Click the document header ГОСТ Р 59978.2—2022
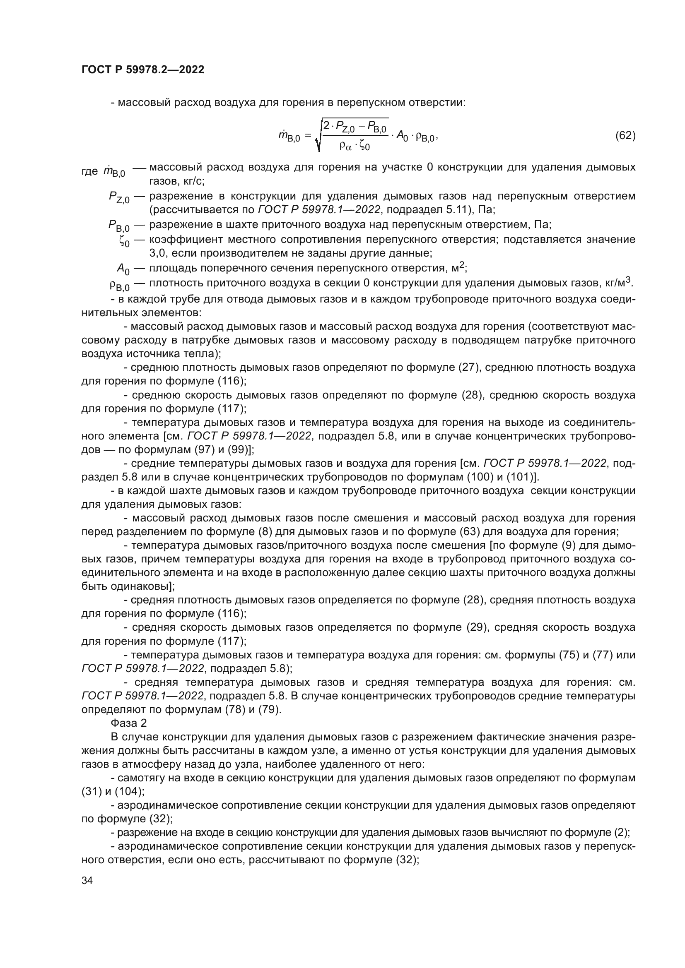pyautogui.click(x=142, y=70)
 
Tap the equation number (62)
pyautogui.click(x=625, y=136)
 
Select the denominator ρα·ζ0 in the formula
pyautogui.click(x=355, y=146)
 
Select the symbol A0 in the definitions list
pyautogui.click(x=123, y=269)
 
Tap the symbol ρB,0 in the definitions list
pyautogui.click(x=119, y=286)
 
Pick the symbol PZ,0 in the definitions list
pyautogui.click(x=119, y=197)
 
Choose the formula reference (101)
pyautogui.click(x=521, y=477)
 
